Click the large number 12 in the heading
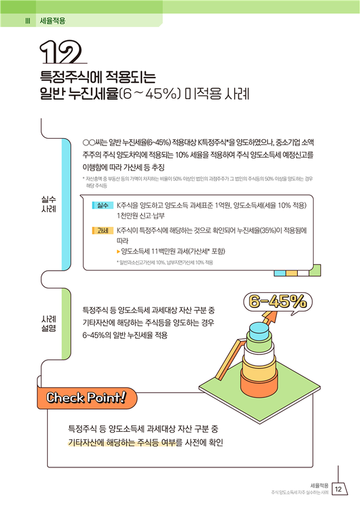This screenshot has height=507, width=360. tap(60, 52)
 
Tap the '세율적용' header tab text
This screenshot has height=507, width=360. tap(52, 21)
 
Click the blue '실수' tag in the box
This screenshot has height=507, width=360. tap(103, 205)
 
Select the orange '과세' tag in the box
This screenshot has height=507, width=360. tap(103, 230)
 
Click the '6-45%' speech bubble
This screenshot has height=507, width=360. tap(278, 302)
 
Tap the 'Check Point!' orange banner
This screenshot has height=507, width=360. tap(87, 398)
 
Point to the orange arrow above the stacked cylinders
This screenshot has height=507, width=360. tap(270, 318)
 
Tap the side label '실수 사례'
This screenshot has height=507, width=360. tap(49, 204)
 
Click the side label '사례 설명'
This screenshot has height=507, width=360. tap(49, 324)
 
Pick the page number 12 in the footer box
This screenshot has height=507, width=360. tap(339, 489)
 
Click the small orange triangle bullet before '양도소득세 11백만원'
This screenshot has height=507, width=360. tap(118, 251)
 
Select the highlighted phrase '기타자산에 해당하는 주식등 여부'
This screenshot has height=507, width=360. tap(125, 443)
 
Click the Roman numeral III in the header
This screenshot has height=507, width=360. tap(28, 21)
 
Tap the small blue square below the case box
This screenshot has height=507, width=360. tap(280, 273)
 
